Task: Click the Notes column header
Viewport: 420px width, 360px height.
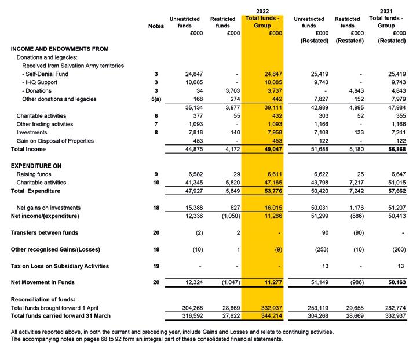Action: [x=156, y=26]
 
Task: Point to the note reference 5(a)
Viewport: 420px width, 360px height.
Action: [x=156, y=99]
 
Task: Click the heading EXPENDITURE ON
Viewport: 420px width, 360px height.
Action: [x=36, y=166]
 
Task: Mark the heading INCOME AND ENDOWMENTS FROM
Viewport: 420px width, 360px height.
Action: [x=60, y=49]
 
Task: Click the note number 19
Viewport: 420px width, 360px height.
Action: [x=156, y=266]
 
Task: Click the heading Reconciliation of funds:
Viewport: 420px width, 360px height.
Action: [x=43, y=299]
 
